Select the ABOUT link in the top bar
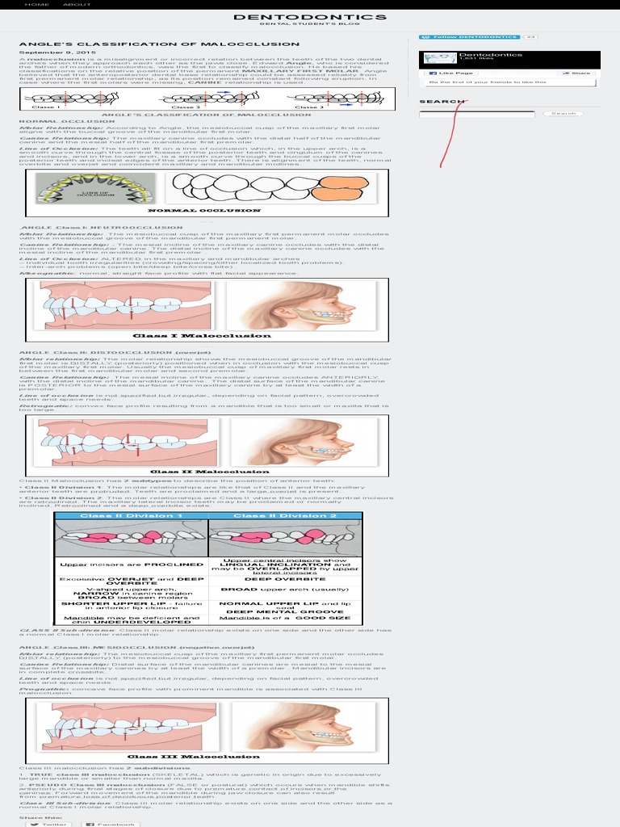tap(77, 4)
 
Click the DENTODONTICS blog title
tap(309, 17)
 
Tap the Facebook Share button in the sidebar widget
tap(574, 73)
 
